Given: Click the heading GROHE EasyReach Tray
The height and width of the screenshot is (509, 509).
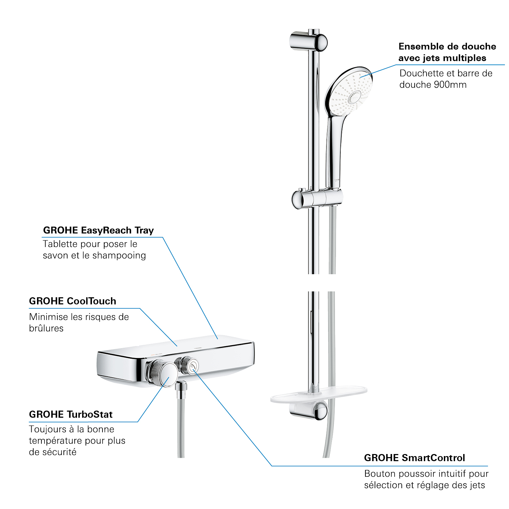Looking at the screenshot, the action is (98, 230).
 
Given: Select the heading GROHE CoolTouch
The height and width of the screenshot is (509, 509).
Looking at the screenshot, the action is (73, 301).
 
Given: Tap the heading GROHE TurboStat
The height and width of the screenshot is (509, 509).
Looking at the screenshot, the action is (71, 414).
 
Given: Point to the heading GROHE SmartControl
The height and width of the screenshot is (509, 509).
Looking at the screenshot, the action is (414, 458).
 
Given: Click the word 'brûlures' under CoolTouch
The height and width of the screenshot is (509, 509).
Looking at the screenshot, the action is (46, 328).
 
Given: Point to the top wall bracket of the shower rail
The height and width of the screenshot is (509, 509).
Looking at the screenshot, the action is (308, 42).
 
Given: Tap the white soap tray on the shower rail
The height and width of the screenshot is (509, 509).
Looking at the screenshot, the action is (318, 395).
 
